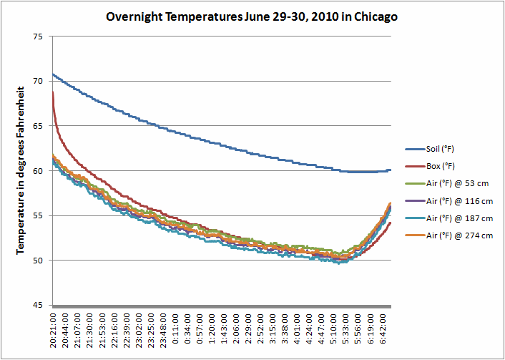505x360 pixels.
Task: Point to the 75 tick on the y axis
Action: (x=38, y=37)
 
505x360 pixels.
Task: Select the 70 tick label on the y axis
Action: (x=38, y=82)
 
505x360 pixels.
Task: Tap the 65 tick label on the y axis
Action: (x=38, y=126)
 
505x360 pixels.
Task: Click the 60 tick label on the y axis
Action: (x=38, y=171)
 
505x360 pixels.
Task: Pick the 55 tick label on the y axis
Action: (x=38, y=215)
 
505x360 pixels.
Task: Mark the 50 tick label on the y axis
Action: (x=38, y=261)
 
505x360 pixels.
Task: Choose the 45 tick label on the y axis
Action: (x=38, y=306)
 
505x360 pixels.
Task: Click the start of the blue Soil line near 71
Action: (x=54, y=74)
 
